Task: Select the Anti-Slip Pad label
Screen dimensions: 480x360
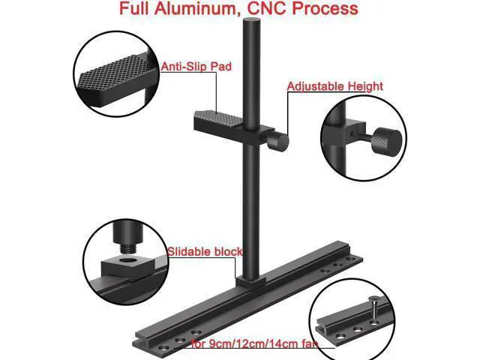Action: (x=196, y=67)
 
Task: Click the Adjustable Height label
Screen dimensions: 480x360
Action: (x=335, y=87)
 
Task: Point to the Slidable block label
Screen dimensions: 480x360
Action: (x=205, y=252)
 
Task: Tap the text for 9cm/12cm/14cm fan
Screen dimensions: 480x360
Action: (x=254, y=343)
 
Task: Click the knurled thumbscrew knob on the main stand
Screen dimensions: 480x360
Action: (x=277, y=142)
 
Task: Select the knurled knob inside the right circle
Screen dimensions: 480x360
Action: (x=386, y=142)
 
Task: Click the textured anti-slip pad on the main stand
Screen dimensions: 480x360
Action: (x=218, y=118)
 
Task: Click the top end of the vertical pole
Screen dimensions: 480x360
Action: (x=251, y=20)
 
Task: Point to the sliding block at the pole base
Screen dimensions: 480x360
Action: (x=250, y=282)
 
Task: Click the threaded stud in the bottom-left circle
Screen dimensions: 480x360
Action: (x=128, y=248)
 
